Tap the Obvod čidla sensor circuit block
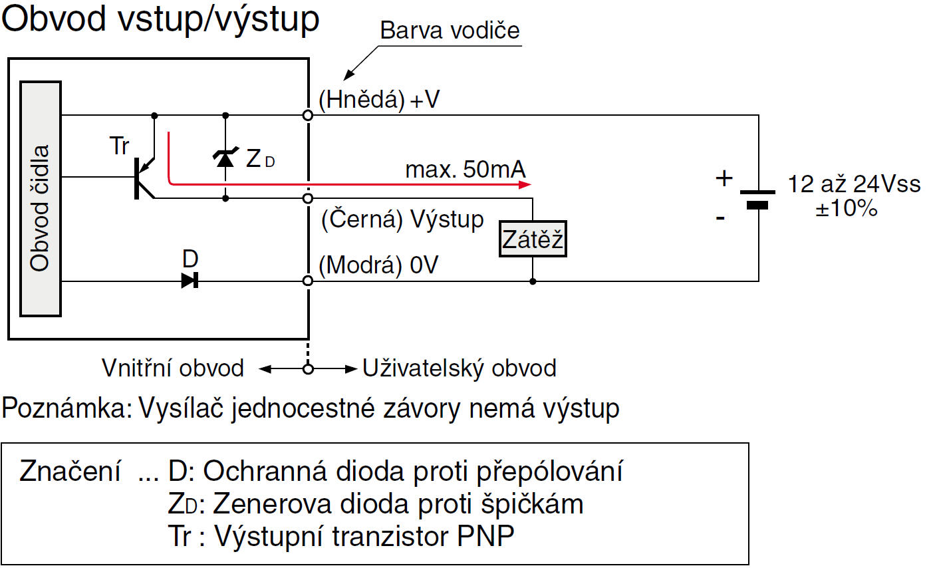click(41, 198)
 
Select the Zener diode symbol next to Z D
click(225, 158)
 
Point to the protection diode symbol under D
click(190, 281)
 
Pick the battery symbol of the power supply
click(757, 198)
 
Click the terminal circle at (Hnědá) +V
click(307, 115)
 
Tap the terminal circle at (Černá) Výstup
click(307, 198)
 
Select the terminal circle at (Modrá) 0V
click(307, 281)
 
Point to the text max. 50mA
click(465, 170)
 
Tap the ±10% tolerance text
click(847, 208)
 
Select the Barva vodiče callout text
click(450, 31)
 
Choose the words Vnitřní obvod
click(173, 368)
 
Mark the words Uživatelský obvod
click(460, 368)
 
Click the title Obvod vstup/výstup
click(161, 20)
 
